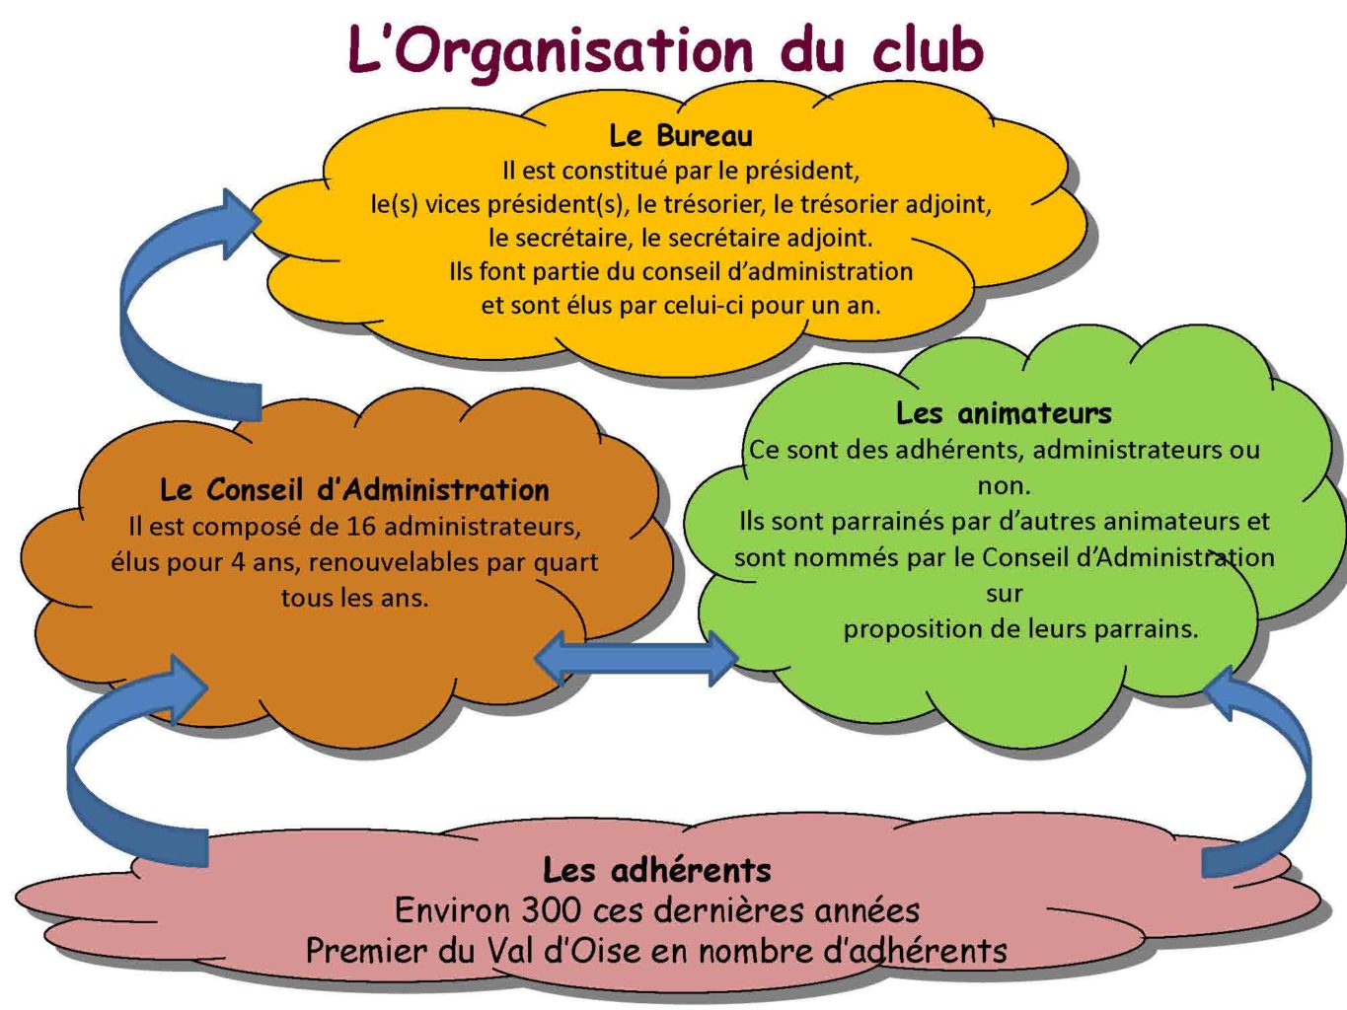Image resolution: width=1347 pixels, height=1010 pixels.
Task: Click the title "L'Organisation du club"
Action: pyautogui.click(x=666, y=51)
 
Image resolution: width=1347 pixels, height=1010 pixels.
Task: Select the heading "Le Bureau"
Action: pyautogui.click(x=681, y=135)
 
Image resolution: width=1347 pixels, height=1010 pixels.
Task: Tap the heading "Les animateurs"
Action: pyautogui.click(x=1004, y=412)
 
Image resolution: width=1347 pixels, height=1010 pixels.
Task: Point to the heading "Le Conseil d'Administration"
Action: pyautogui.click(x=354, y=489)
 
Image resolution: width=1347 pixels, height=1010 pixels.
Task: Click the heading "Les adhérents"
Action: pyautogui.click(x=656, y=870)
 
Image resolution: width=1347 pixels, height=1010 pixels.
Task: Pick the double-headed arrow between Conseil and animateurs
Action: pyautogui.click(x=636, y=658)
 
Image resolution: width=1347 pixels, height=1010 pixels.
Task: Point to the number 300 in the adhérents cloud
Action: pyautogui.click(x=551, y=910)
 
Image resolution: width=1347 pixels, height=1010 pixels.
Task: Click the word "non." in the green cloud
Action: pyautogui.click(x=1004, y=486)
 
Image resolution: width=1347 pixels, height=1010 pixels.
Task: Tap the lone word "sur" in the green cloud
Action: pyautogui.click(x=1004, y=594)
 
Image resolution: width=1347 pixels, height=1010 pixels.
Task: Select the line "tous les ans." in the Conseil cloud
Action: pyautogui.click(x=354, y=598)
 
